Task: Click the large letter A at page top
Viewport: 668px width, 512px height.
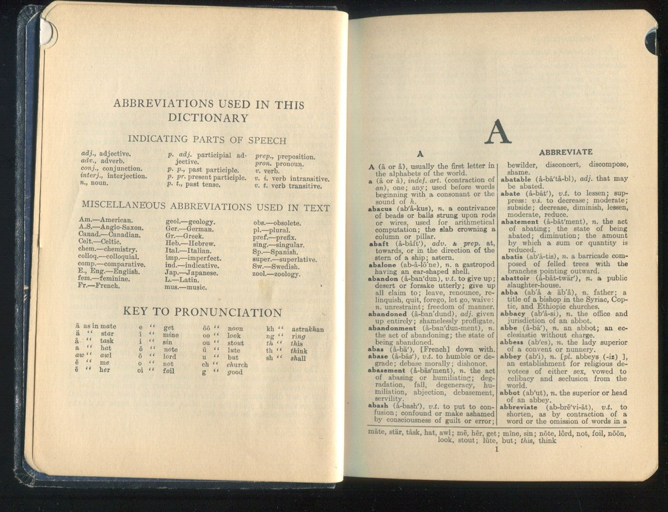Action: point(498,132)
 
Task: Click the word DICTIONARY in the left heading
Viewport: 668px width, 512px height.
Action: point(208,118)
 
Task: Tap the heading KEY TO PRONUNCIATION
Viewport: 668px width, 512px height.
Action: point(202,313)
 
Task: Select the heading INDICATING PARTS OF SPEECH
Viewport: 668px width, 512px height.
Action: point(207,140)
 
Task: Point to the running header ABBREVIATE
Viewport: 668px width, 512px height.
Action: point(565,152)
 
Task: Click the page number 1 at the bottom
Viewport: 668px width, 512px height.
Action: point(496,449)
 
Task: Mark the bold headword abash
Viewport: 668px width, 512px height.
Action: point(381,406)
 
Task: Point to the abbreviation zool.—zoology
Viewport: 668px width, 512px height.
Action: point(277,274)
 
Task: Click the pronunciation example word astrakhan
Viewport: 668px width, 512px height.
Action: point(307,330)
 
